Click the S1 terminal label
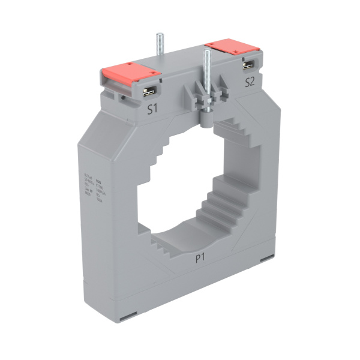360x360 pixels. coord(152,109)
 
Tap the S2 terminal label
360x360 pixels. coord(250,83)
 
